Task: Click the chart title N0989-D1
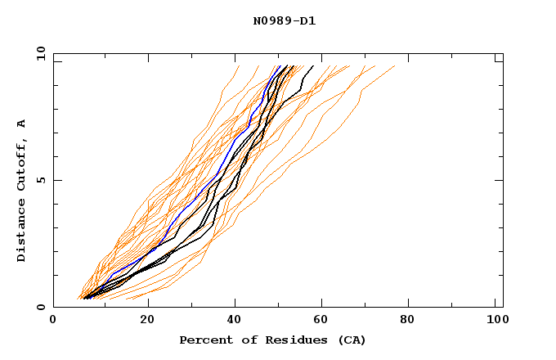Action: coord(284,20)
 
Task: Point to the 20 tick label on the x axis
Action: coord(146,322)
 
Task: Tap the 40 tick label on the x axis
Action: coord(235,322)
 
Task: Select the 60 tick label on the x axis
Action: coord(323,322)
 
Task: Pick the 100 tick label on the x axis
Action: coord(496,322)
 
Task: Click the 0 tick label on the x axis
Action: coord(54,322)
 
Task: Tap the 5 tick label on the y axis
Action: coord(40,180)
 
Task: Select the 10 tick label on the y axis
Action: coord(38,53)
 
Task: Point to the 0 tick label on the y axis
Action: coord(40,307)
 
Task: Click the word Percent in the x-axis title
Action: coord(204,340)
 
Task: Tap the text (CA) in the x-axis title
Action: coord(351,340)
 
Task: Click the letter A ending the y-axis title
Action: coord(22,124)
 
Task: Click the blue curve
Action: coord(217,175)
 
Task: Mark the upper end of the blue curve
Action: coord(280,66)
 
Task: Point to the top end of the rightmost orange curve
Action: coord(394,66)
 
